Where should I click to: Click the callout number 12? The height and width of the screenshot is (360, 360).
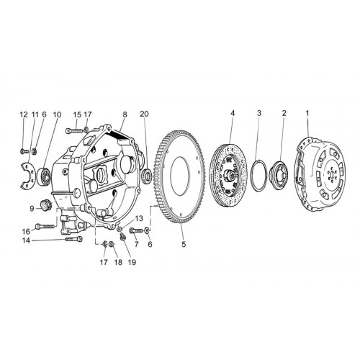click(x=24, y=114)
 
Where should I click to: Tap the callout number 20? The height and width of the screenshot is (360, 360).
click(x=144, y=114)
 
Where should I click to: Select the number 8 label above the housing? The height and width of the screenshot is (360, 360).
click(x=125, y=114)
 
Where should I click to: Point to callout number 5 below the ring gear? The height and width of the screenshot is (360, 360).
click(x=184, y=244)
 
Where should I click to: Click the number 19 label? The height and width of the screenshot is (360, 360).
click(x=132, y=262)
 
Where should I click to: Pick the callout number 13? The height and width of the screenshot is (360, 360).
click(x=139, y=218)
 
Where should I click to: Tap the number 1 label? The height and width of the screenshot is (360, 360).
click(x=307, y=113)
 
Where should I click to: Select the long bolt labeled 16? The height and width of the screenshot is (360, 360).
click(x=45, y=226)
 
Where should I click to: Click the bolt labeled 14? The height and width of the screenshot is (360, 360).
click(x=74, y=239)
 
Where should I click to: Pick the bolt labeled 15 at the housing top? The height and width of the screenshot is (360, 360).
click(x=74, y=131)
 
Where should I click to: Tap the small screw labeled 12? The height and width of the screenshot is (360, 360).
click(x=24, y=151)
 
